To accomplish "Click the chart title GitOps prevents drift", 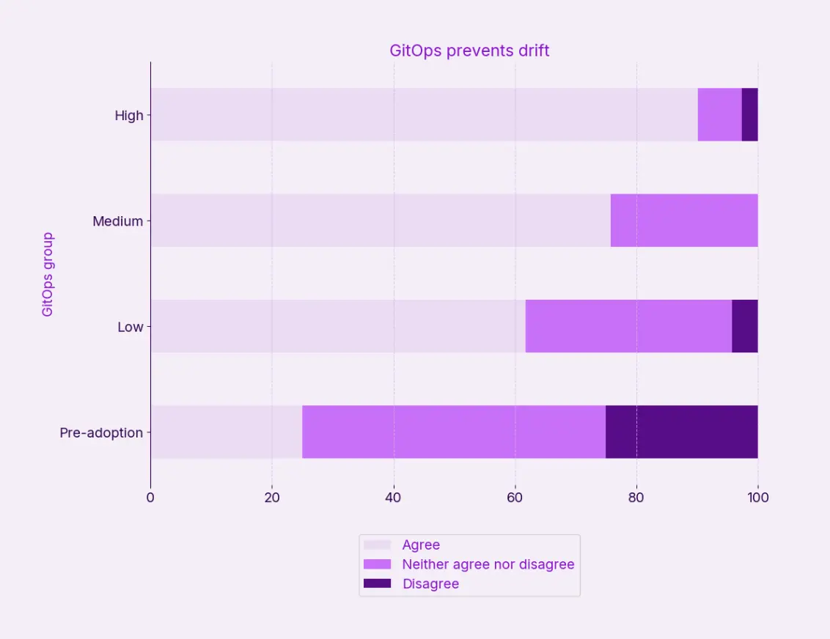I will pos(469,51).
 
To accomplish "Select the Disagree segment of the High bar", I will pos(749,114).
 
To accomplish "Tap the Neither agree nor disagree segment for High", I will pos(719,114).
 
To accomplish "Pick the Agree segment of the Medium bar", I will pos(381,220).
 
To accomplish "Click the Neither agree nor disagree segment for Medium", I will pos(683,220).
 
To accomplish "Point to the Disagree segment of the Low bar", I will pos(744,326).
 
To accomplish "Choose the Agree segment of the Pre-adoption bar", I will pos(226,432).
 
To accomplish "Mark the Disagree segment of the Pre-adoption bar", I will pos(681,432).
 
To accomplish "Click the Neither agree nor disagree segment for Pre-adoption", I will pos(454,432).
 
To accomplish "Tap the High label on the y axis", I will pos(129,115).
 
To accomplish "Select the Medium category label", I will pos(117,221).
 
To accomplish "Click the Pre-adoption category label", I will pos(101,432).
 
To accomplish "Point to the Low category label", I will pos(131,327).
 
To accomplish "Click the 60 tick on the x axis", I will pos(515,498).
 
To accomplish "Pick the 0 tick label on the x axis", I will pos(150,498).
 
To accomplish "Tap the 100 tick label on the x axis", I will pos(757,498).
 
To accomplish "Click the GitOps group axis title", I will pos(48,274).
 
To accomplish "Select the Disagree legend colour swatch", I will pos(378,583).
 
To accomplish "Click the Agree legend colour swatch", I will pos(378,545).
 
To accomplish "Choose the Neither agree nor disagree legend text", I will pos(488,564).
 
